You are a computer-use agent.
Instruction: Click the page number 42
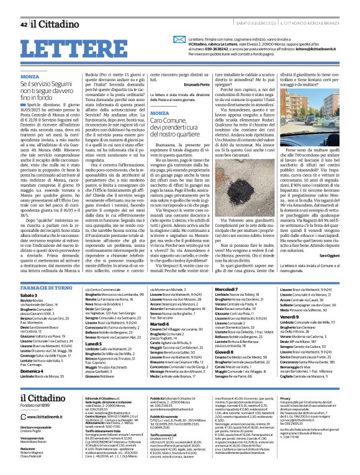(24, 25)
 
